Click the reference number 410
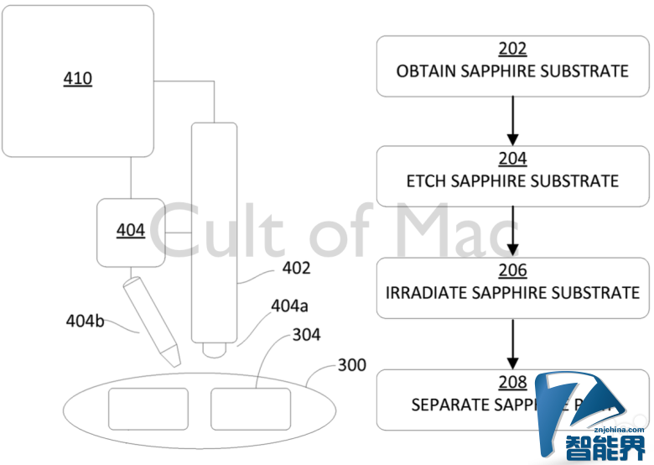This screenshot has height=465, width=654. pos(78,80)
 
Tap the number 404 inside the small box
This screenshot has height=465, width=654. pos(130,230)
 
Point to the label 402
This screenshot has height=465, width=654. pos(296,269)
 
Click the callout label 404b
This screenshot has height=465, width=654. pos(86,321)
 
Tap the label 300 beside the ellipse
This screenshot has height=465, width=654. pos(351,366)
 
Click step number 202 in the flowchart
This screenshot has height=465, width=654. pos(512,50)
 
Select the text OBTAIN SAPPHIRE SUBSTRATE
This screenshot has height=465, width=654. pos(512,71)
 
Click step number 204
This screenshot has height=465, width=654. pos(512,159)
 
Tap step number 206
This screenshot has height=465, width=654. pos(512,270)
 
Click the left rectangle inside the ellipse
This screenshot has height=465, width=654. pos(148,409)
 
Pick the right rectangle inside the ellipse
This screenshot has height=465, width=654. pos(250,409)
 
